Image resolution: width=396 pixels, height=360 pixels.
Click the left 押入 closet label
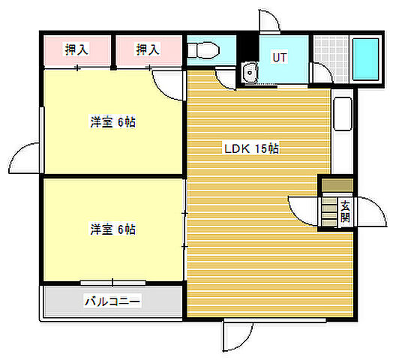coord(76,50)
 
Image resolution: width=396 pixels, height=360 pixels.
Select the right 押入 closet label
coord(148,50)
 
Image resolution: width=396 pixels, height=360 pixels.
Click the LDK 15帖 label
coord(251,148)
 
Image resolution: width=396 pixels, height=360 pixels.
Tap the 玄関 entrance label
coord(345,211)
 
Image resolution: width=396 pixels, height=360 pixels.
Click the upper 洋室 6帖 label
coord(113,122)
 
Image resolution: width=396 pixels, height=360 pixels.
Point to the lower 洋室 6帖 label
coord(113,229)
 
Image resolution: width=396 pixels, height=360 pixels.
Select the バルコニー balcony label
coord(112,301)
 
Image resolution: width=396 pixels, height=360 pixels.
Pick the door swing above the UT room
coord(270,22)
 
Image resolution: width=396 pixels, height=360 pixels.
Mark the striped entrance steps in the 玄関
coord(330,212)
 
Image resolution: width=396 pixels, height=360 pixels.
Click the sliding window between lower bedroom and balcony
coord(112,283)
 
